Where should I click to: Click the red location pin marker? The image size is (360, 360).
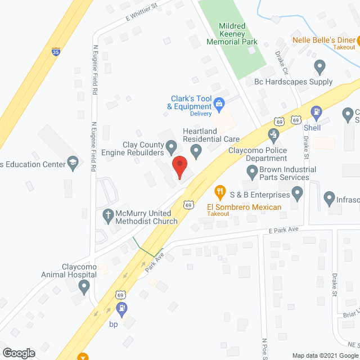click(179, 166)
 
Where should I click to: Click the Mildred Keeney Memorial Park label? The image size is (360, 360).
click(231, 34)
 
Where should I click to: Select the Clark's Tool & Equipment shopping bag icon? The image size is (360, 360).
click(219, 103)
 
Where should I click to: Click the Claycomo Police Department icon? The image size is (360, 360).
click(273, 134)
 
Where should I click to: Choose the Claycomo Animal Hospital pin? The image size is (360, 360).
click(84, 287)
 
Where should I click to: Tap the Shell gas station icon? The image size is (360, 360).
click(316, 112)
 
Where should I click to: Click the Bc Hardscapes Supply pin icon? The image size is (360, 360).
click(320, 67)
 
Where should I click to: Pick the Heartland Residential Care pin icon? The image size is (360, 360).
click(196, 151)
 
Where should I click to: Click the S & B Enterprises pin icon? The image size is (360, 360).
click(298, 195)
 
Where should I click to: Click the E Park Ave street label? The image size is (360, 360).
click(282, 229)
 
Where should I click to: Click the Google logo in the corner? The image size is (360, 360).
click(18, 353)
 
